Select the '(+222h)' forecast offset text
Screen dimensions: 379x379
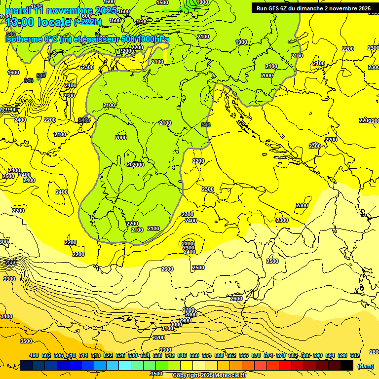88,22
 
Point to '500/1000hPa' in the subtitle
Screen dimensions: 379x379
147,39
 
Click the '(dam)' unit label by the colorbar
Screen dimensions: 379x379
365,366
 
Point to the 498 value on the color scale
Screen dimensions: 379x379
34,355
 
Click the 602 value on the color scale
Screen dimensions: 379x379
355,355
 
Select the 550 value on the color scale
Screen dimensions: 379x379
194,355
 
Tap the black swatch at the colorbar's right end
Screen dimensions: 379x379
347,365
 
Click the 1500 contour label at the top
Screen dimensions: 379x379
162,2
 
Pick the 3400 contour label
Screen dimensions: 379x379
6,316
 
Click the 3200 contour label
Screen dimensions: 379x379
158,338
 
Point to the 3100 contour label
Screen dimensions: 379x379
167,328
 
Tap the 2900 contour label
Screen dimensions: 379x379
185,320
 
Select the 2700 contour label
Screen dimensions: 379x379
189,310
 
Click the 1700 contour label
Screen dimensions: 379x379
5,16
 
